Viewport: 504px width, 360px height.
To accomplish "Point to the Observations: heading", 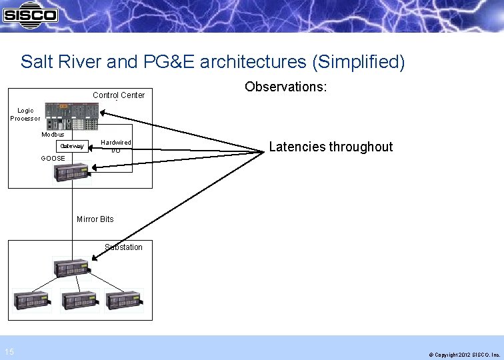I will pos(285,87).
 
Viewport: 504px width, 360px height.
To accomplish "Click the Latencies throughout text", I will pos(331,147).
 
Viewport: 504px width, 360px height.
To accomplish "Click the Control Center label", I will pos(119,95).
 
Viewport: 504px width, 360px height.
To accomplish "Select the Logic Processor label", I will pos(25,115).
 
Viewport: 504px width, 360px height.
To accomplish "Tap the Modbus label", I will pos(53,135).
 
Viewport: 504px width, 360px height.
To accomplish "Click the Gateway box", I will pos(72,146).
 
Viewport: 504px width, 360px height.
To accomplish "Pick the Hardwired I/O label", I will pos(116,147).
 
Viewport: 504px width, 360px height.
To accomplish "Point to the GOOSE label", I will pos(53,159).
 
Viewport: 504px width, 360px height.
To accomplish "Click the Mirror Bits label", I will pos(95,219).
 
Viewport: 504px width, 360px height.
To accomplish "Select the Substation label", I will pos(123,247).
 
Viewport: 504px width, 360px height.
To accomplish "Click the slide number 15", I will pos(8,352).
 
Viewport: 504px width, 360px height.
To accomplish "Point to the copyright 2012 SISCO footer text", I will pos(464,355).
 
